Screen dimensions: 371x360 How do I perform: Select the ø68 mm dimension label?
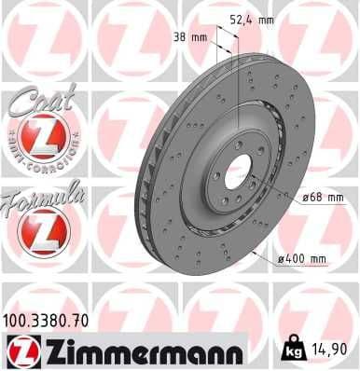point(324,197)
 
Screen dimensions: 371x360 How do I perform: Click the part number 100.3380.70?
point(48,322)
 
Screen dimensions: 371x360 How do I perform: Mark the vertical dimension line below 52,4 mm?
point(241,75)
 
